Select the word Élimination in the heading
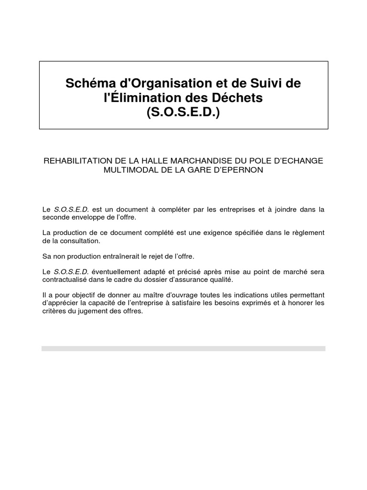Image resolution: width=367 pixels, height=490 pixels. [143, 98]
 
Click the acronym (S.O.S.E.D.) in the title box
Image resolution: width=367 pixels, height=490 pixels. [183, 113]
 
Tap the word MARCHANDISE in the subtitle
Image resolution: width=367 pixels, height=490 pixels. [202, 161]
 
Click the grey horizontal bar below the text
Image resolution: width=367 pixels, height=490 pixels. [183, 349]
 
